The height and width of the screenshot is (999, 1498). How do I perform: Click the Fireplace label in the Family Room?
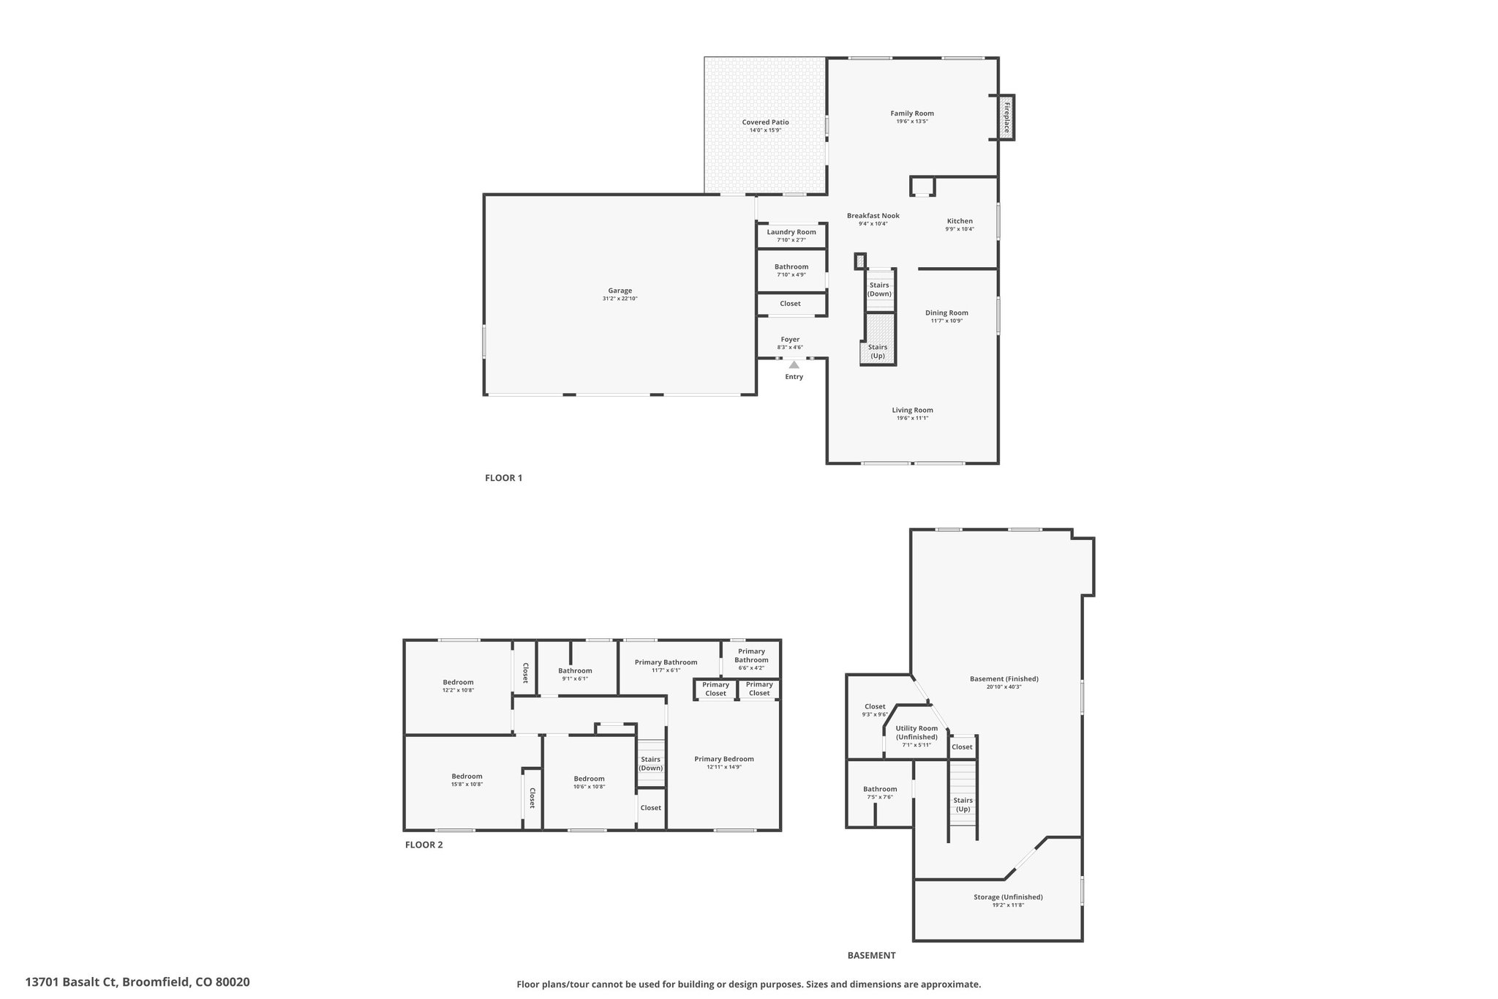click(x=1006, y=117)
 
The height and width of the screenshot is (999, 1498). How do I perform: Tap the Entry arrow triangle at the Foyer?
click(x=794, y=364)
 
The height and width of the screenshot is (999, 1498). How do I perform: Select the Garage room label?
click(x=620, y=291)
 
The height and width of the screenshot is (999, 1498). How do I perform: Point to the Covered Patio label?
click(x=765, y=122)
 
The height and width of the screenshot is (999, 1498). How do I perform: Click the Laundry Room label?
click(x=791, y=232)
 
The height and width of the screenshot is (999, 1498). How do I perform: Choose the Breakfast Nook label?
click(x=873, y=216)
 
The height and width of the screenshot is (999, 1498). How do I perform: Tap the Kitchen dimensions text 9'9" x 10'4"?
click(x=960, y=229)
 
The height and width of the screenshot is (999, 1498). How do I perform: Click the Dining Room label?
click(x=946, y=313)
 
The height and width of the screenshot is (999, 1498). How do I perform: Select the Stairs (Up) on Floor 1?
click(x=878, y=351)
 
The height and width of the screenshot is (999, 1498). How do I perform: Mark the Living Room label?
click(x=912, y=410)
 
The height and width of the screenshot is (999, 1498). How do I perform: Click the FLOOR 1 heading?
click(x=503, y=478)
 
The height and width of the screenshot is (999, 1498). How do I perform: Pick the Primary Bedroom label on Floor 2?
click(x=724, y=759)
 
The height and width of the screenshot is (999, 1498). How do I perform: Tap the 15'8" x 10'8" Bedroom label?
click(x=467, y=777)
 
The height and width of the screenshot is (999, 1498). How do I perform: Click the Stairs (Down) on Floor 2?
click(x=650, y=763)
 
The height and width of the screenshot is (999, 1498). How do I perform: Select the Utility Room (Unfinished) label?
click(x=917, y=733)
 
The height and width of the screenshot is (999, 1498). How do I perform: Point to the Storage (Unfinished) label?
click(x=1008, y=897)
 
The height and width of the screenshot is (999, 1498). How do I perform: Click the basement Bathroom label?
click(x=879, y=790)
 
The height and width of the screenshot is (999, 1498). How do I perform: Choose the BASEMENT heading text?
click(x=871, y=955)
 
